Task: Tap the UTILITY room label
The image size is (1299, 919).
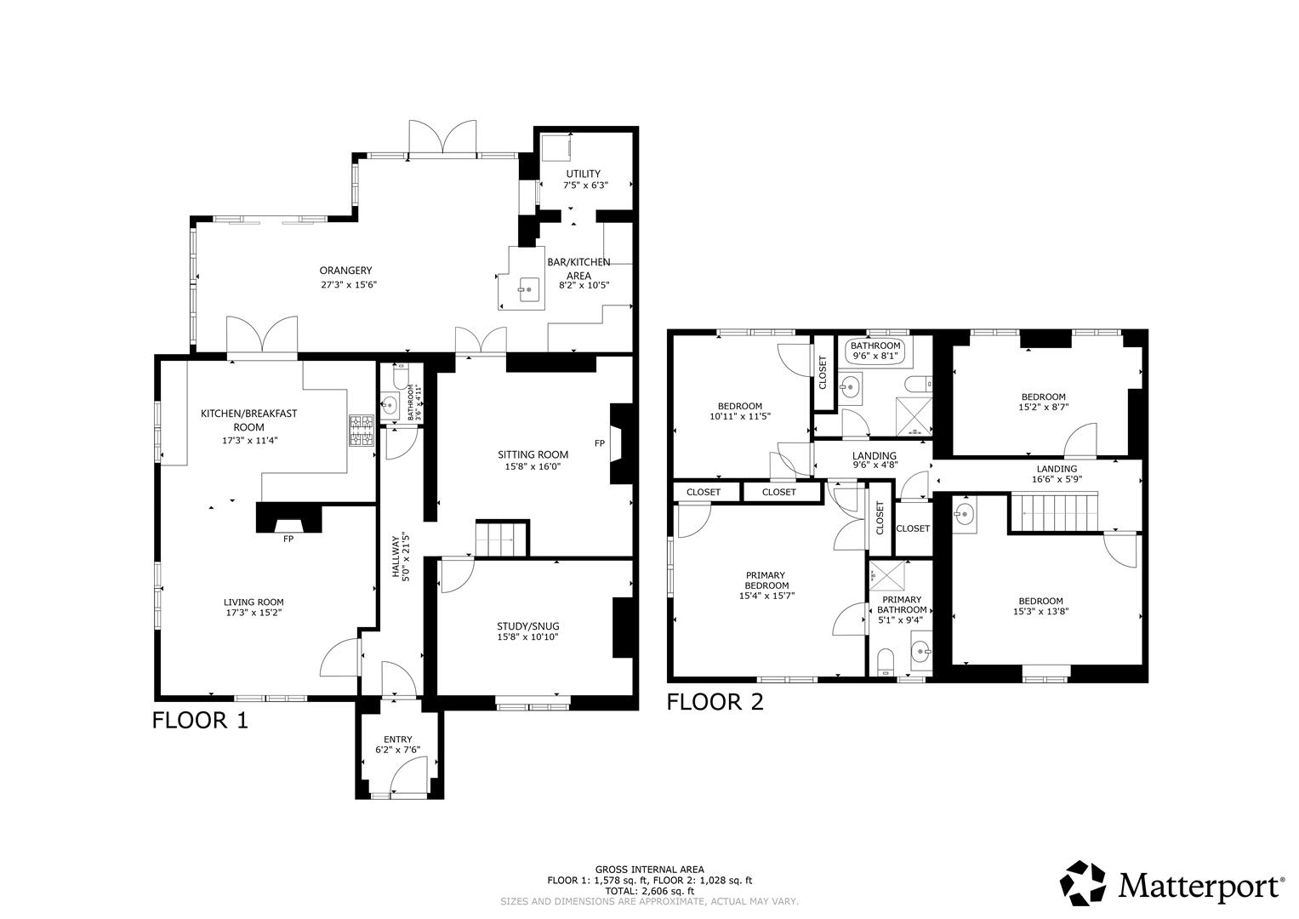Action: [583, 174]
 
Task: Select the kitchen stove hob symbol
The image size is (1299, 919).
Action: [361, 430]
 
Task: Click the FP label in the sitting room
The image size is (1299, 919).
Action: [600, 443]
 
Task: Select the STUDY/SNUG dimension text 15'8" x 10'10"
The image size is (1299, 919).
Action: [527, 637]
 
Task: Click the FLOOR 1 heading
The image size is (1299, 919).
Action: [200, 720]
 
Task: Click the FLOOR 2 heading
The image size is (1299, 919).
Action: [715, 701]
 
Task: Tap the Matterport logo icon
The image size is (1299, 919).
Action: [1083, 883]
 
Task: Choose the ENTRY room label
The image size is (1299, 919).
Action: [397, 739]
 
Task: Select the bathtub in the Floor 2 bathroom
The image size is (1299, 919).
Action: [875, 351]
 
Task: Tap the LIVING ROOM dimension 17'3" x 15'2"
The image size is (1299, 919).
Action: [254, 612]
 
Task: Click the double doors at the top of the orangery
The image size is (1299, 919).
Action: [442, 138]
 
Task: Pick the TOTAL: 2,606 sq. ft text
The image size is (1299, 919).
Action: [649, 891]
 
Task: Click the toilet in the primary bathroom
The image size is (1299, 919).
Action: [886, 661]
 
